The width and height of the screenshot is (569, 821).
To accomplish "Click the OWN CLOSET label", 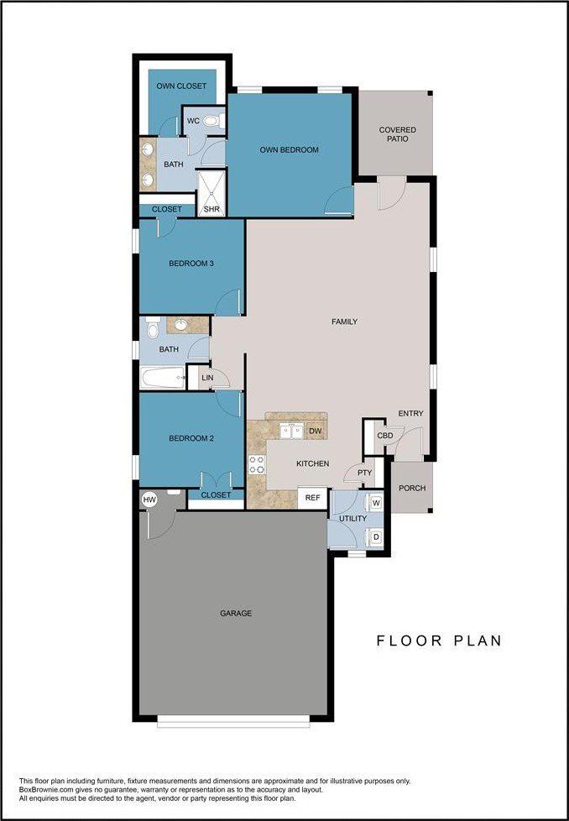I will (181, 86).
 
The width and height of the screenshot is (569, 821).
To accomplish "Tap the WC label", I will (193, 121).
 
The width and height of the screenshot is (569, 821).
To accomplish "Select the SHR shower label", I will (211, 209).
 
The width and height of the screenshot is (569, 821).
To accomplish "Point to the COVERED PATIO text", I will (397, 134).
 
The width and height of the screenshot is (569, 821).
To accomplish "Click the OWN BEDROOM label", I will (289, 150).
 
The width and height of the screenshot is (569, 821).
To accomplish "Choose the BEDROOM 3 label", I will (191, 264).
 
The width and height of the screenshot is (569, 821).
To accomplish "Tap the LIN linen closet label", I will (207, 379).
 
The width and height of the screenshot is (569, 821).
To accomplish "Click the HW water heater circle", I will (150, 499).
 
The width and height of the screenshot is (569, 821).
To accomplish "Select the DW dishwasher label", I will (316, 431).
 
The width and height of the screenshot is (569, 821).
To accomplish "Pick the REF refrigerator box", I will (312, 498).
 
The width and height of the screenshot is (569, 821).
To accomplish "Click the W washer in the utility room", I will (376, 503).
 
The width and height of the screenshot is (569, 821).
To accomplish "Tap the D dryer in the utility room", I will (376, 536).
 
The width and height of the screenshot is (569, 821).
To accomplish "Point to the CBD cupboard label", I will (384, 436).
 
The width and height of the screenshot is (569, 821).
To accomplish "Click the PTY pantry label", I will (364, 473).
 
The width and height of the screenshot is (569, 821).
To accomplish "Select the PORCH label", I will (411, 489).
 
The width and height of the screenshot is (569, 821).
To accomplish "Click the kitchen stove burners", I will (256, 463).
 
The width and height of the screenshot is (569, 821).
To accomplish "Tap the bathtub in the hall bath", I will (162, 378).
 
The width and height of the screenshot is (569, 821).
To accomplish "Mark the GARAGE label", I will (236, 614).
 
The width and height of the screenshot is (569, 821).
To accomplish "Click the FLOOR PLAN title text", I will (438, 641).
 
